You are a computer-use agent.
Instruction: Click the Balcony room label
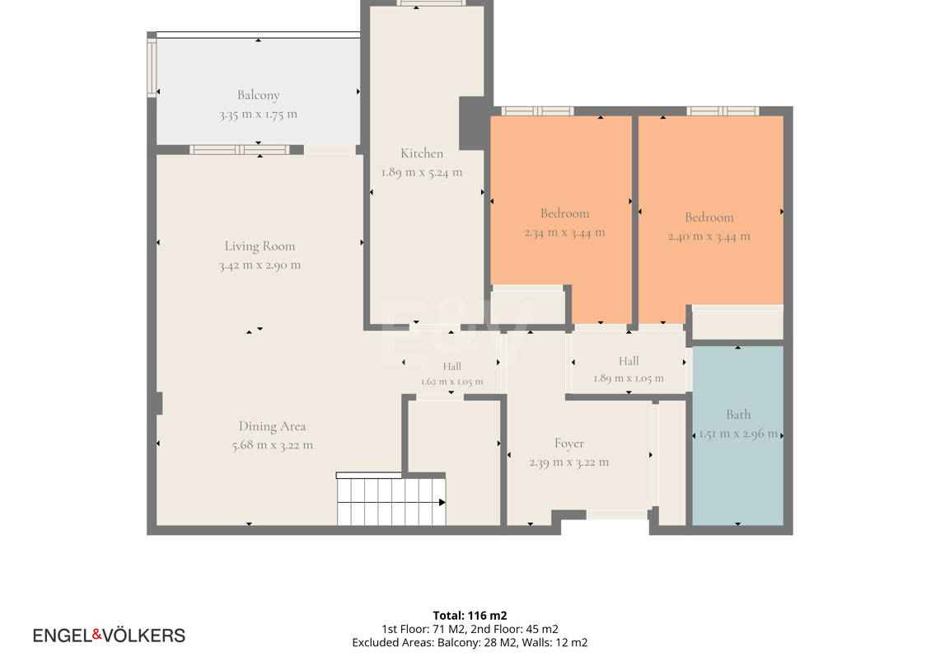[x=259, y=95]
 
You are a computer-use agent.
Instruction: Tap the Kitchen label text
[x=422, y=153]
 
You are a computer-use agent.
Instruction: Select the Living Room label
[x=260, y=246]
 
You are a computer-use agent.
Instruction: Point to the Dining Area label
[x=272, y=426]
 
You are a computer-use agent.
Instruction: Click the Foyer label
[x=569, y=443]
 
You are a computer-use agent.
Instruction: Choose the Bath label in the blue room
[x=738, y=415]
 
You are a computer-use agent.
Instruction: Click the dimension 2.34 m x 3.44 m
[x=564, y=232]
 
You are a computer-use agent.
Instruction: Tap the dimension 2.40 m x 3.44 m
[x=709, y=237]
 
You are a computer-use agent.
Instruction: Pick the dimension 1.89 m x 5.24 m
[x=422, y=172]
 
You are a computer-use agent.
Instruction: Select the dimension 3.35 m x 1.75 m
[x=259, y=114]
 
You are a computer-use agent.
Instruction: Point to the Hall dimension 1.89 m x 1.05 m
[x=629, y=378]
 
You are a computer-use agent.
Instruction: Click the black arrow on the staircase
[x=442, y=502]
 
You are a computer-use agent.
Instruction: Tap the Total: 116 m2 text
[x=470, y=616]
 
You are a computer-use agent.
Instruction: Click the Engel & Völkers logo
[x=109, y=636]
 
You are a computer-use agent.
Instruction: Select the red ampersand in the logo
[x=96, y=634]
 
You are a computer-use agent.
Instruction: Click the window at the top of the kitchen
[x=431, y=3]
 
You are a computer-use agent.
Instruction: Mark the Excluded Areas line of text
[x=470, y=643]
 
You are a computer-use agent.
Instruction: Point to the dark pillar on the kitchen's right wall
[x=472, y=123]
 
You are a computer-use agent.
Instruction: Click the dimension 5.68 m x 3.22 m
[x=272, y=445]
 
